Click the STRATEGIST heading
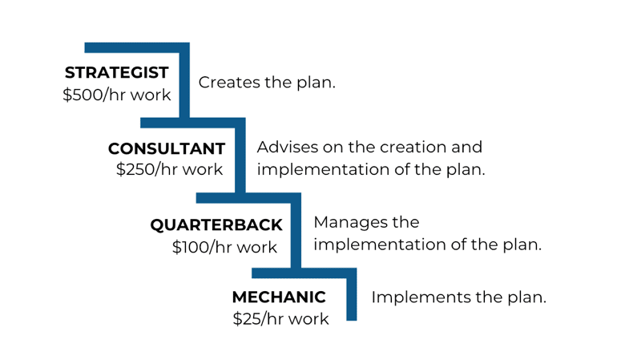click(117, 72)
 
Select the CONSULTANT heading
click(167, 149)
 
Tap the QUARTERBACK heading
click(216, 225)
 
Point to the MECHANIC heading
click(279, 297)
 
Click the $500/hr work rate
click(117, 95)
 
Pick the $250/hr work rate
click(169, 169)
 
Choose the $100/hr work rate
click(224, 247)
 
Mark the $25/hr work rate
click(280, 318)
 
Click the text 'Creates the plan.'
click(267, 83)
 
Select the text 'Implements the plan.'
click(459, 297)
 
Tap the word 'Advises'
click(288, 147)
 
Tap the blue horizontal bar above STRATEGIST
click(137, 47)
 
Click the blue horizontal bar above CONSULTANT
click(193, 123)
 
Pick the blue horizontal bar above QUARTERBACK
click(248, 198)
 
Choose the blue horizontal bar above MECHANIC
click(304, 273)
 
